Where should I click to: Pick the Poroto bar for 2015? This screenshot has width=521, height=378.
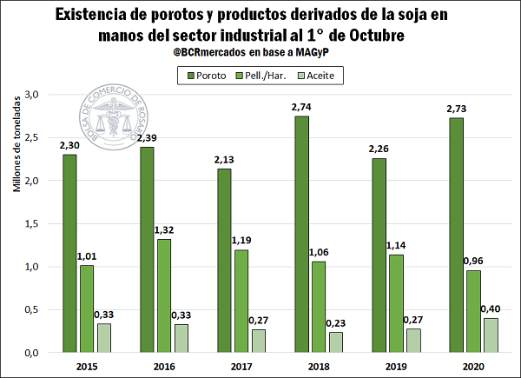[x=69, y=253]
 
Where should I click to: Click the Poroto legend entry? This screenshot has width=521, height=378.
[x=205, y=76]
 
